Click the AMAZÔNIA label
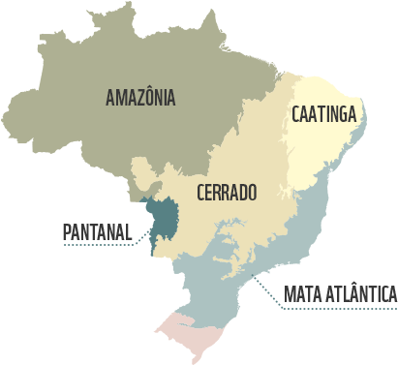tap(140, 97)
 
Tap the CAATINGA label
tap(323, 114)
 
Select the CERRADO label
tap(227, 192)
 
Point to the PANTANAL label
tap(96, 232)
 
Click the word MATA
tap(302, 293)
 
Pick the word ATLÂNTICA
tap(359, 293)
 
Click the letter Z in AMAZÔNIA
tap(138, 97)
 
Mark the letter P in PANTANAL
tap(67, 232)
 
